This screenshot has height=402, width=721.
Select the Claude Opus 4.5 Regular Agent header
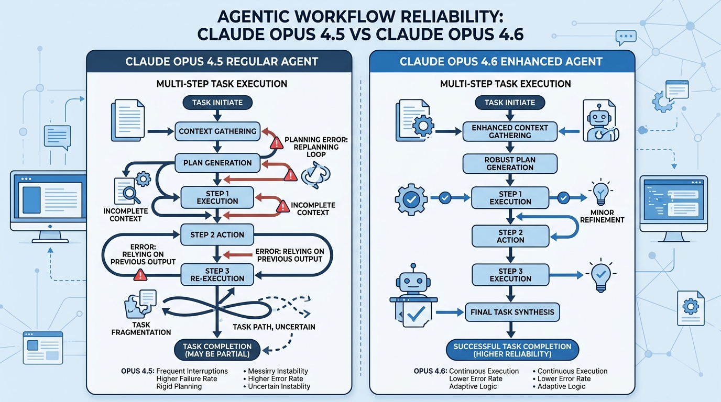tap(222, 61)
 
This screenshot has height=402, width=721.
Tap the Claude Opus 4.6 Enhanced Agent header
tap(501, 61)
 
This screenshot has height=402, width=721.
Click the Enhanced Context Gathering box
tap(510, 131)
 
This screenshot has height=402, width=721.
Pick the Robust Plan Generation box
tap(510, 163)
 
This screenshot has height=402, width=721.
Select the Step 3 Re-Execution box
tap(217, 274)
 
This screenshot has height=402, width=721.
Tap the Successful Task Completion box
tap(512, 350)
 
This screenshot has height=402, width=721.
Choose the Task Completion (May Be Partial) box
tap(217, 350)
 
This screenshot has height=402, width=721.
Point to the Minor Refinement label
tap(602, 216)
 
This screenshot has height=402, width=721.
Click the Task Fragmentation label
tap(140, 328)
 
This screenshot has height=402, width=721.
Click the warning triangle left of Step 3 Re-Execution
tap(140, 274)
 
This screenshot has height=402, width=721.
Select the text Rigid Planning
tap(179, 386)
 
